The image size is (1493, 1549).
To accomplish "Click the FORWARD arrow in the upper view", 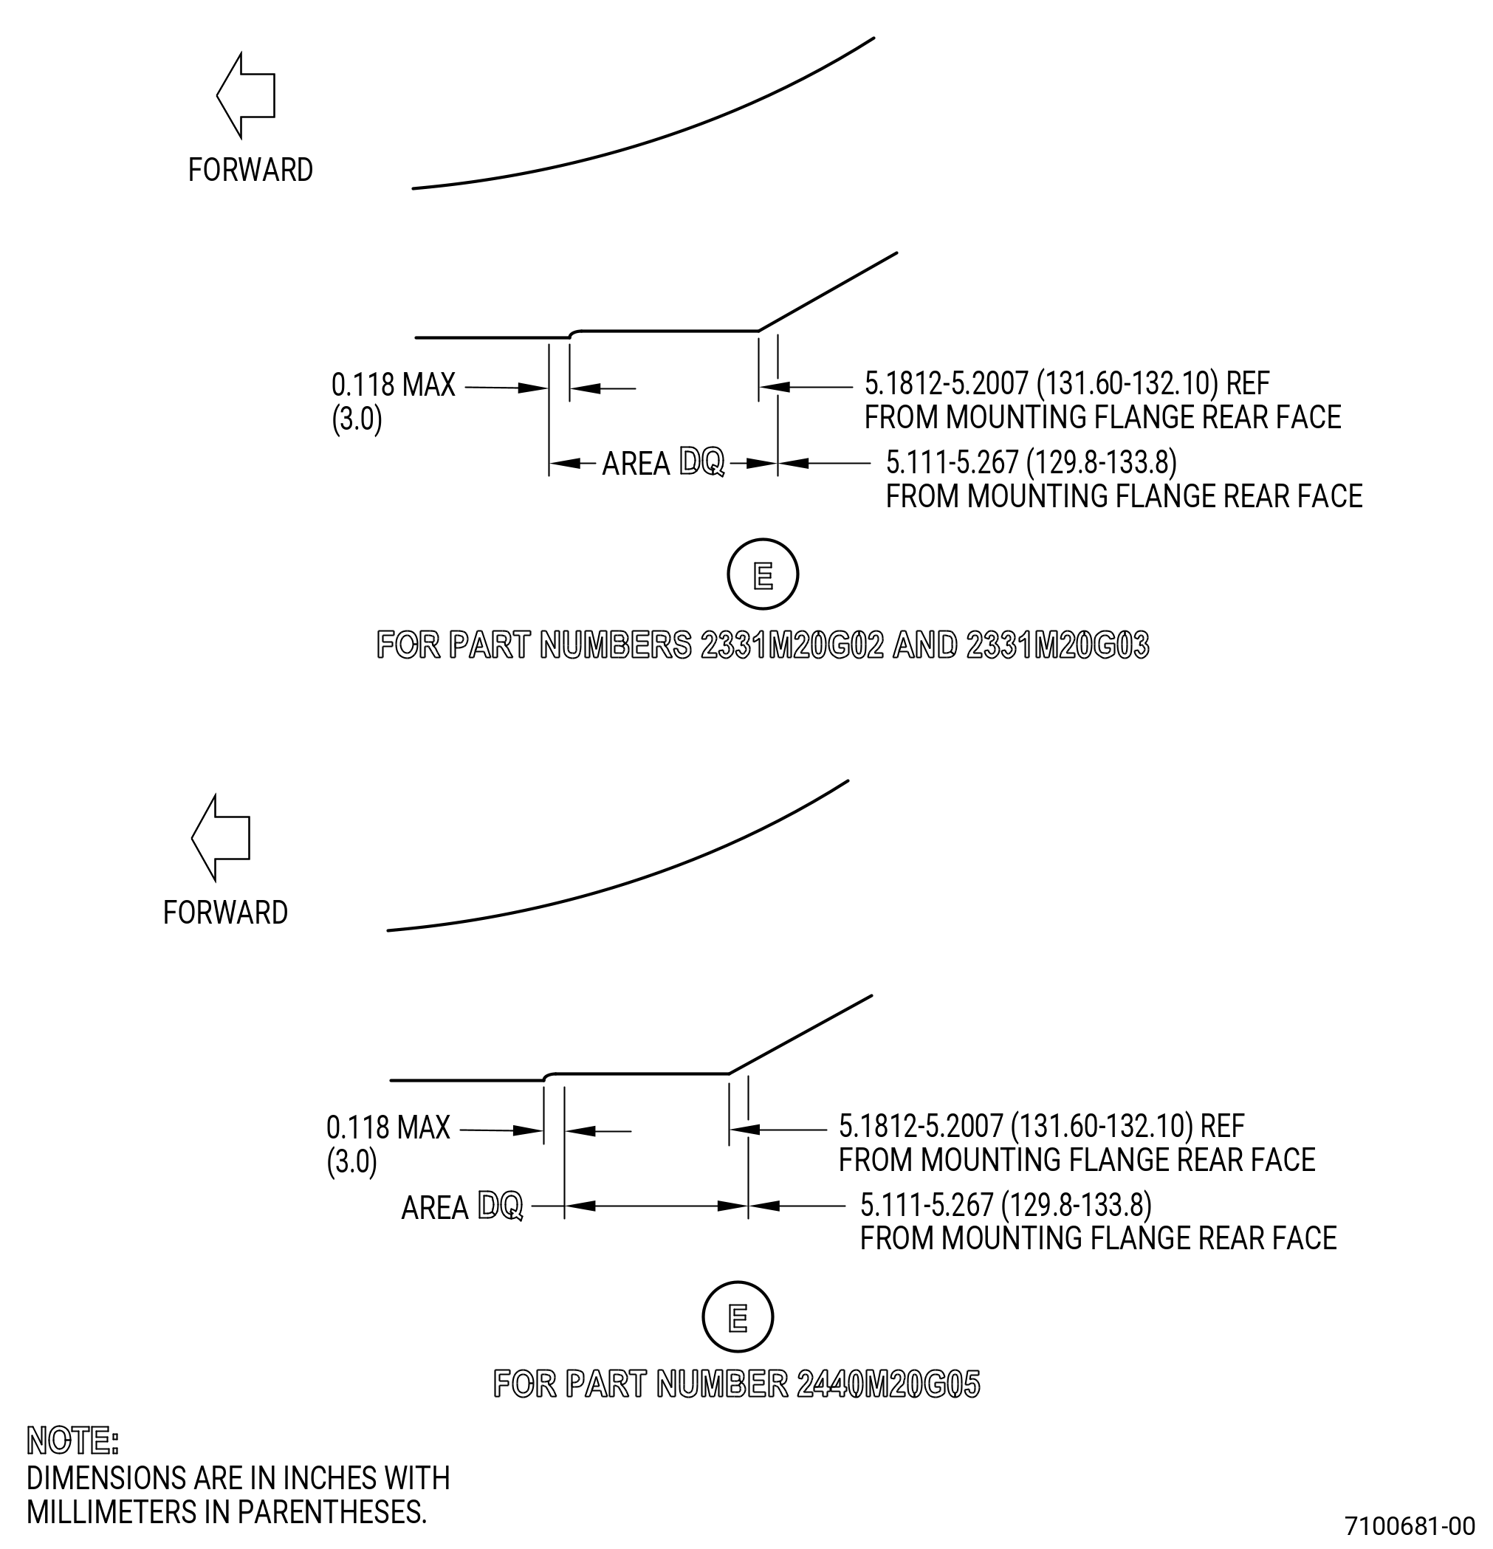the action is [x=246, y=96].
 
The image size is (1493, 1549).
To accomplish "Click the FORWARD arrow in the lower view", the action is [x=221, y=838].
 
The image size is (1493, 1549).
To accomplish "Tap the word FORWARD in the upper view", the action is [x=250, y=170].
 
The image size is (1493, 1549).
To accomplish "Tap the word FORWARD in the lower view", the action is [x=225, y=913].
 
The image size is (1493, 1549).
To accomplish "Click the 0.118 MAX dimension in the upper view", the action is [x=393, y=385].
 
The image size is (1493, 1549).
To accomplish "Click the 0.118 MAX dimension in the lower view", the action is [x=388, y=1127].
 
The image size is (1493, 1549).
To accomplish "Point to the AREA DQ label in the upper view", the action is [x=663, y=463].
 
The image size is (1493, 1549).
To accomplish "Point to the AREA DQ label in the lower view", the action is [x=461, y=1207].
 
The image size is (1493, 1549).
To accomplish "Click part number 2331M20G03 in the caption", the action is [x=1057, y=646].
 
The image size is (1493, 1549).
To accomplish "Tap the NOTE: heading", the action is [x=72, y=1440].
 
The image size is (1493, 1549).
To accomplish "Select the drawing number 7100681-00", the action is [x=1410, y=1525].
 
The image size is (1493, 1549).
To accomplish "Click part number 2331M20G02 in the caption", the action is [x=793, y=646].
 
